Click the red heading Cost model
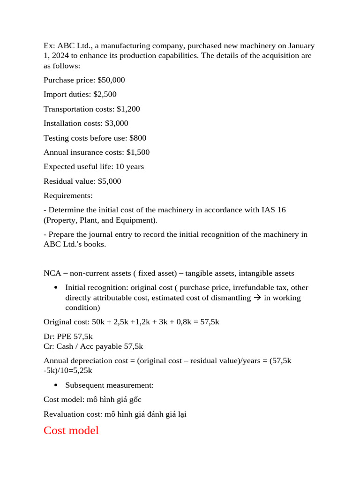tap(71, 430)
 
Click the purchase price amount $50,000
tap(111, 80)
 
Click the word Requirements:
tap(68, 195)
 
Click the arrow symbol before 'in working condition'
tap(257, 298)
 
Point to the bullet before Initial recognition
tap(56, 287)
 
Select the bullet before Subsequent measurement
tap(56, 385)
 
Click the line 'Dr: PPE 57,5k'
tap(68, 337)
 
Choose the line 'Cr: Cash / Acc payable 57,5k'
tap(93, 346)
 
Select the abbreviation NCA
tap(52, 273)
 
